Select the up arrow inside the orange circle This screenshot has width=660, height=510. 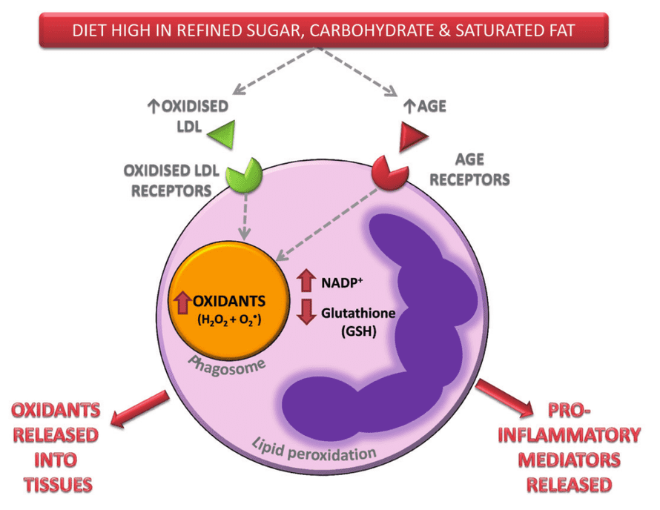click(x=181, y=301)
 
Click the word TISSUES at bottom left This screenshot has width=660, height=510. click(x=57, y=485)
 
